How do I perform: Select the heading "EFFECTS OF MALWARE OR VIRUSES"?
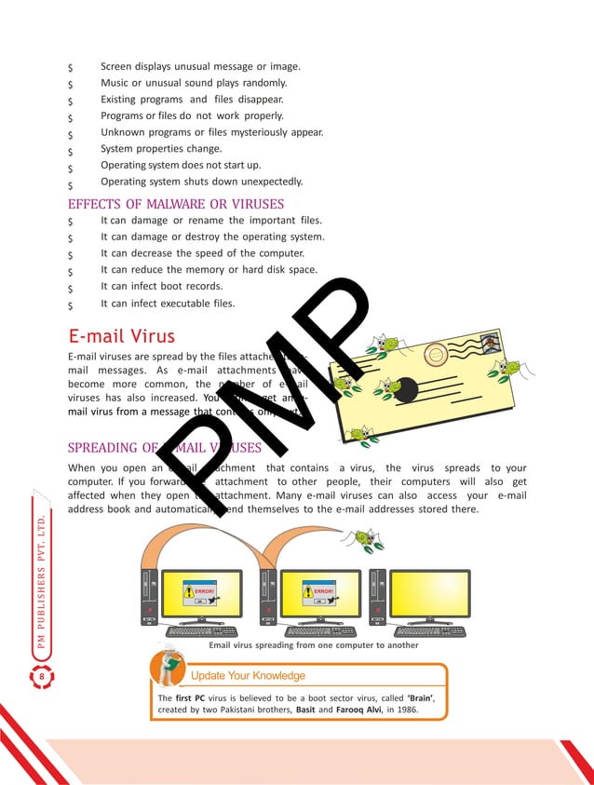pos(176,204)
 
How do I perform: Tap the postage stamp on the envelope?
pos(490,344)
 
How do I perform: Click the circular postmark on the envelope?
pos(435,354)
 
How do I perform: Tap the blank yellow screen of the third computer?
pos(429,593)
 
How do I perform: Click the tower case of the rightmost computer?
pos(378,597)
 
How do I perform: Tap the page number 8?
pos(41,676)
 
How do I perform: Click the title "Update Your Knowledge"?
pos(248,675)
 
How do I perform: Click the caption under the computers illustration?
pos(314,644)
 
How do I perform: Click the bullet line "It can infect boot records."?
pos(161,287)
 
